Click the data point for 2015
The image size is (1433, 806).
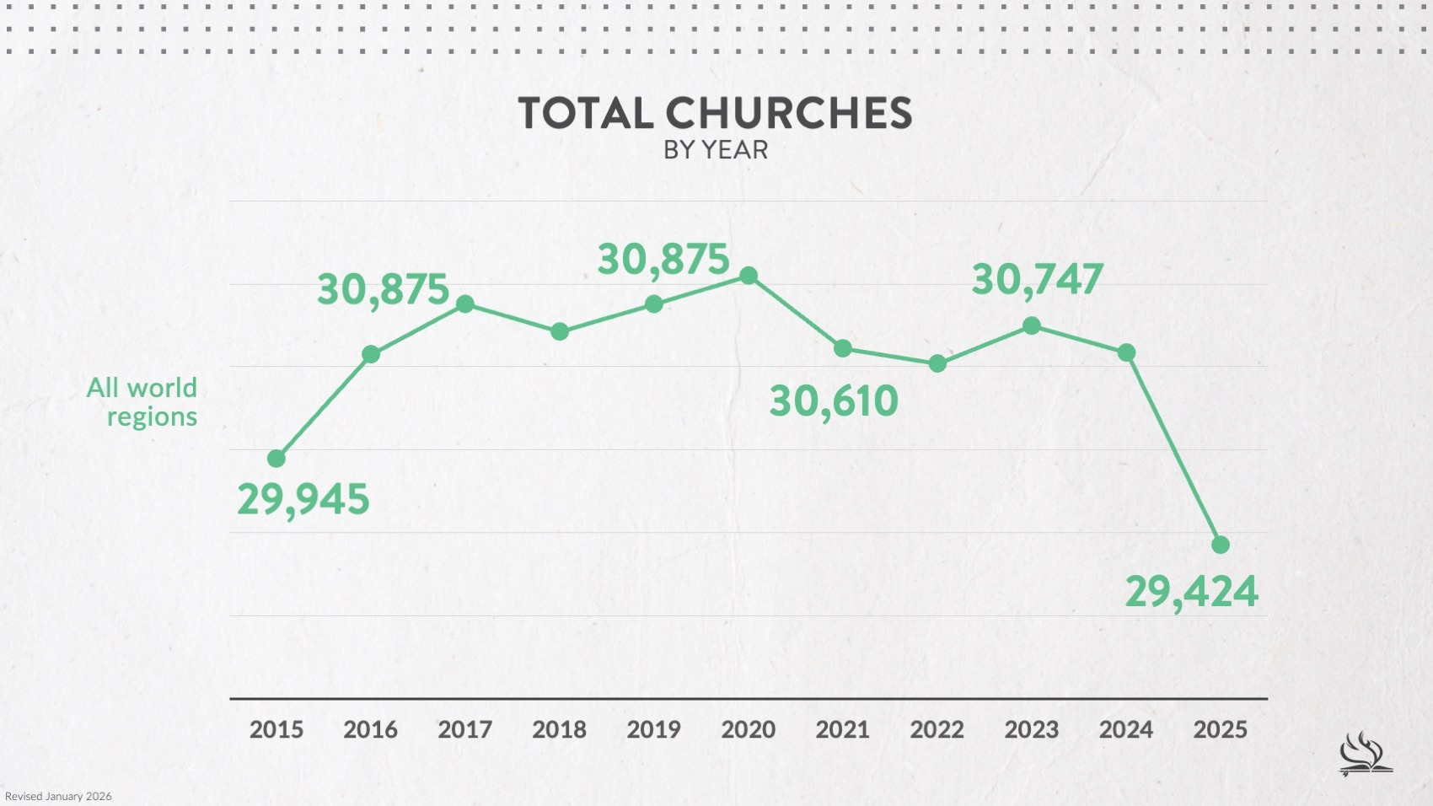point(276,459)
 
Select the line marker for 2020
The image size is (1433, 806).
point(749,276)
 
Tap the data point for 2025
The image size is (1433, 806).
point(1221,545)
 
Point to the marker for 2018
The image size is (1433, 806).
point(560,332)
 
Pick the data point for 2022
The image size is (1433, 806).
point(937,364)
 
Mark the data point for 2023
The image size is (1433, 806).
point(1032,326)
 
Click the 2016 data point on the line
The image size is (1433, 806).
point(371,354)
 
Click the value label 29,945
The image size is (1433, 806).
point(303,499)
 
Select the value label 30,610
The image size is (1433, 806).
point(834,400)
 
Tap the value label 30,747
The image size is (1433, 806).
point(1037,280)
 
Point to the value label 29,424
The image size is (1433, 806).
point(1191,591)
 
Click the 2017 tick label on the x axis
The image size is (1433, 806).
point(464,729)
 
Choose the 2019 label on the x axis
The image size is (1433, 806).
point(653,729)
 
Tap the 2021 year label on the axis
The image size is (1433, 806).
point(842,729)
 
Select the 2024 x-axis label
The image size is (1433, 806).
point(1125,729)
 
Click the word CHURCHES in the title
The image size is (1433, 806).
point(788,113)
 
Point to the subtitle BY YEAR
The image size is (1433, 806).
point(716,150)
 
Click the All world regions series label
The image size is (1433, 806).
point(142,402)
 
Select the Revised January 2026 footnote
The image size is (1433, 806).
point(58,796)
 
